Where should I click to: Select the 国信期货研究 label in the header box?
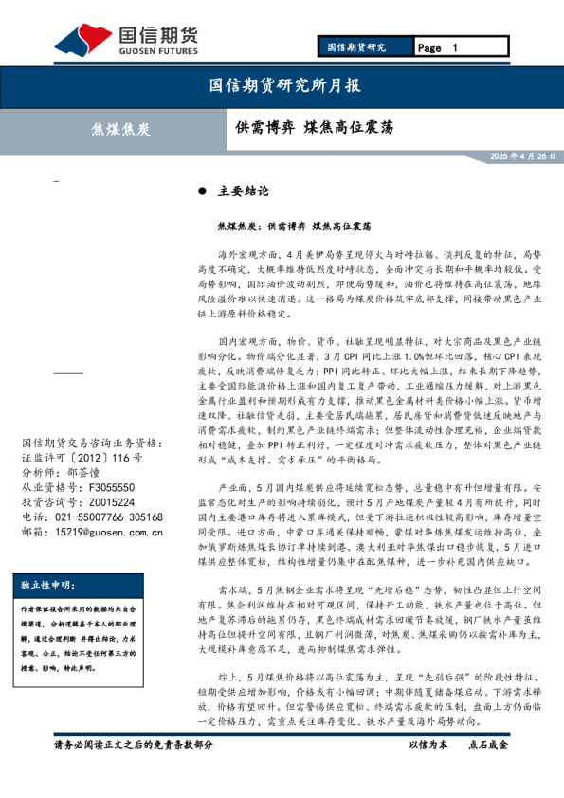356,47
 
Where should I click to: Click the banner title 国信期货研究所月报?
283,85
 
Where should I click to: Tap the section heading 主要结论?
244,190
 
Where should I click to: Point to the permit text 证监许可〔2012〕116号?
80,457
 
